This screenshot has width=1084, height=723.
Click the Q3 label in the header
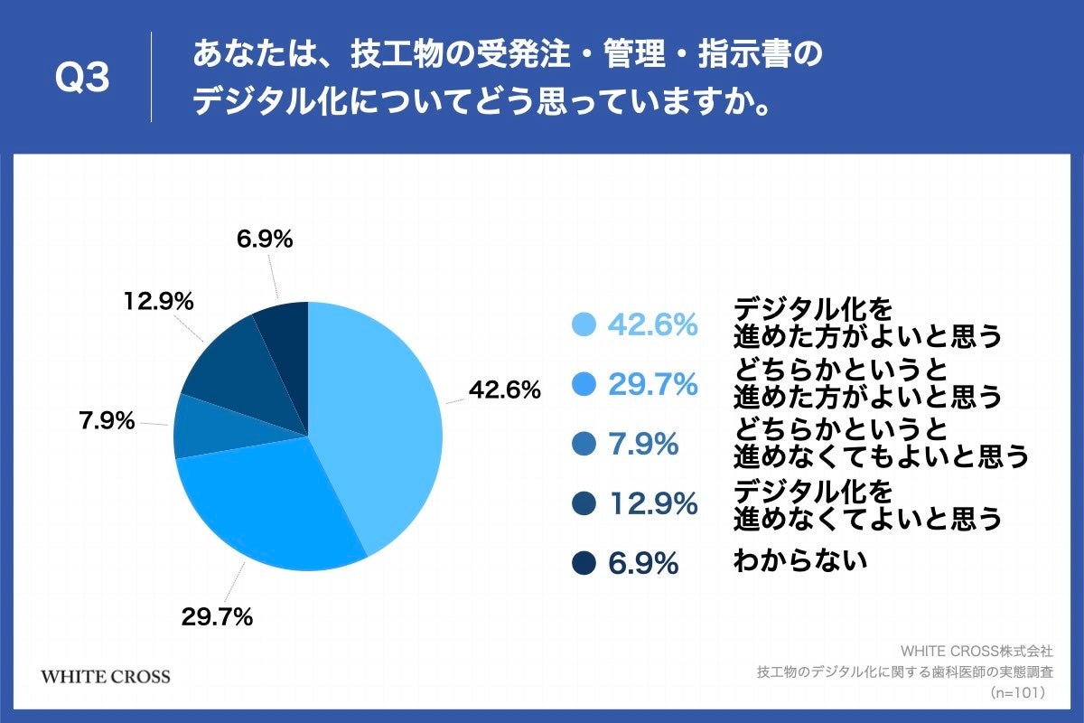pyautogui.click(x=82, y=79)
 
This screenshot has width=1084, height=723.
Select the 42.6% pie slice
pyautogui.click(x=379, y=416)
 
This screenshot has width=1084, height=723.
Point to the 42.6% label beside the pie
pyautogui.click(x=504, y=390)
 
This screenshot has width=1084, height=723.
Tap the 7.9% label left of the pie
pyautogui.click(x=107, y=420)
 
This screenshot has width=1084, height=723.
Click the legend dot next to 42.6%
pyautogui.click(x=584, y=324)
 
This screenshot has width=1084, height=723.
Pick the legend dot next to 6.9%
pyautogui.click(x=584, y=564)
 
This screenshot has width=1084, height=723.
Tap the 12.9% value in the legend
pyautogui.click(x=652, y=504)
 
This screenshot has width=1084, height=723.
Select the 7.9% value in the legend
pyautogui.click(x=642, y=445)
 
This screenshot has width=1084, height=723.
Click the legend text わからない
pyautogui.click(x=800, y=561)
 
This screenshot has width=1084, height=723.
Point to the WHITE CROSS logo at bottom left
pyautogui.click(x=106, y=677)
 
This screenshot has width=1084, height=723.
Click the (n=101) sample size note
pyautogui.click(x=1018, y=692)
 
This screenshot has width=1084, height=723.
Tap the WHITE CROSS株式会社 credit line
pyautogui.click(x=977, y=650)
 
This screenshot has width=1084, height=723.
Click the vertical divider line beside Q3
pyautogui.click(x=151, y=78)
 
